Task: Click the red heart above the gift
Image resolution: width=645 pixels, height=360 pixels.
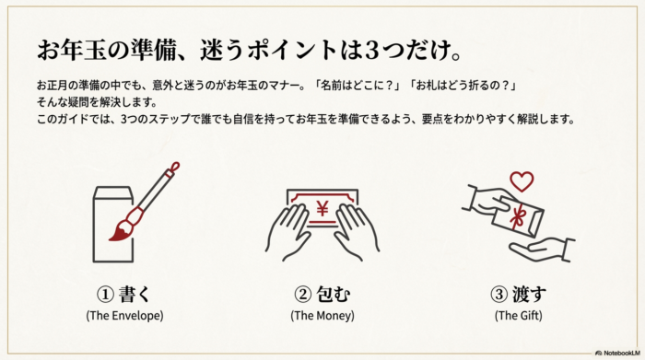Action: tap(522, 180)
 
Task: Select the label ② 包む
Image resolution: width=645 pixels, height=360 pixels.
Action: tap(322, 295)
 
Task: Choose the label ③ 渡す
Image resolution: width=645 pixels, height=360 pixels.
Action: tap(520, 295)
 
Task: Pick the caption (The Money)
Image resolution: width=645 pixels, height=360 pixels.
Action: tap(322, 316)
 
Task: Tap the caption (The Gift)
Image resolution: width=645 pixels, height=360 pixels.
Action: tap(520, 316)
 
